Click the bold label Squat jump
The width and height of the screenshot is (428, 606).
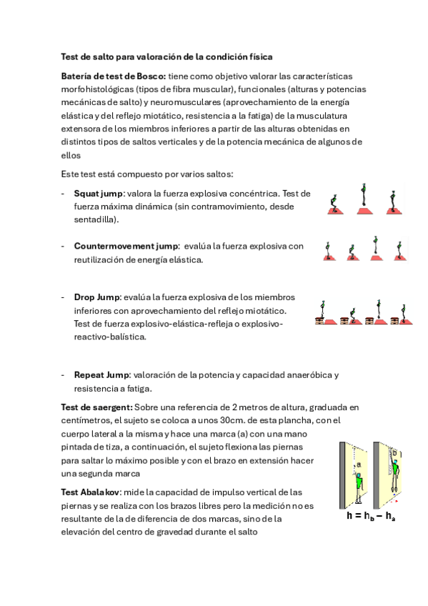[98, 194]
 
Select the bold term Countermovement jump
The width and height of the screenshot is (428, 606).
[126, 246]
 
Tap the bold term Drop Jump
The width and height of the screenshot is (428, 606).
[97, 297]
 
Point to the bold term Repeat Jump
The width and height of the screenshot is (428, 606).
[101, 375]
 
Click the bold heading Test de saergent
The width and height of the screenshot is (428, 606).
[96, 407]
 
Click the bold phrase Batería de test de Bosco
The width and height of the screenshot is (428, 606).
[113, 76]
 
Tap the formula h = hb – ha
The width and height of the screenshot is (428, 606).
[371, 515]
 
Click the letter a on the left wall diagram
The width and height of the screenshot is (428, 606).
[359, 465]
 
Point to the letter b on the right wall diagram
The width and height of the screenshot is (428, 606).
[394, 453]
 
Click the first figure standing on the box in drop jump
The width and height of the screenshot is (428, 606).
[322, 309]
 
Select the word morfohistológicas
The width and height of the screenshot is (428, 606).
[97, 89]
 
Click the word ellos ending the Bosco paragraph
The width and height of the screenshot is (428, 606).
[71, 155]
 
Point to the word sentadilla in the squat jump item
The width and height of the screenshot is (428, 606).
[94, 219]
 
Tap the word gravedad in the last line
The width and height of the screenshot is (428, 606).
[174, 532]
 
